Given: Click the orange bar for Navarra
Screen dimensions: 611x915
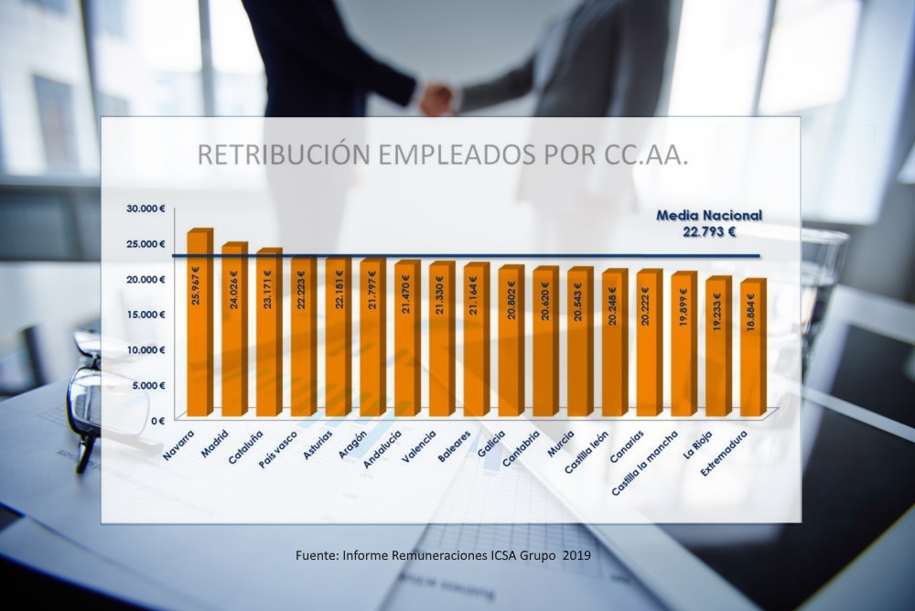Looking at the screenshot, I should pos(198,325).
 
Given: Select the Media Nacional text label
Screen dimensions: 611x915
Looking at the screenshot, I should pos(709,216).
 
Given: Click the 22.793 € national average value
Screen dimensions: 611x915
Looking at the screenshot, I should pos(709,232).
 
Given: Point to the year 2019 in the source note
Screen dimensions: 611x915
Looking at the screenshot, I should pos(576,555).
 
